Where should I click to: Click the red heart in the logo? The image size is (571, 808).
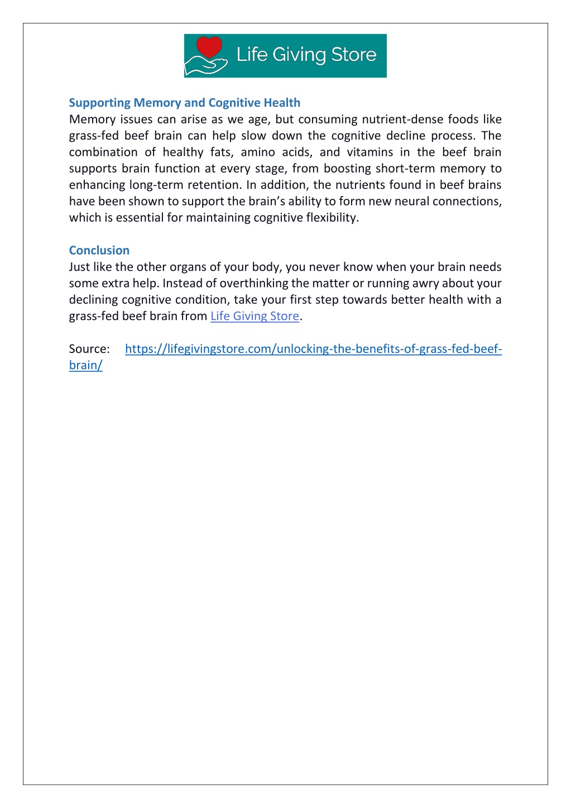point(209,47)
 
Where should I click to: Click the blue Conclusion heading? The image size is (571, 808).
point(99,250)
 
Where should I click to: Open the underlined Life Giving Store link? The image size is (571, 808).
point(255,316)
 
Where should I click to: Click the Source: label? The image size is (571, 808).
point(89,349)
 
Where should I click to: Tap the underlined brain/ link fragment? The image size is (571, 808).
point(85,365)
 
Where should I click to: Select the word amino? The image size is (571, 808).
point(258,152)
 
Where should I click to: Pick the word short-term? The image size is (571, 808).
point(405,169)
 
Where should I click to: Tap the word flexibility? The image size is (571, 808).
point(332,218)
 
